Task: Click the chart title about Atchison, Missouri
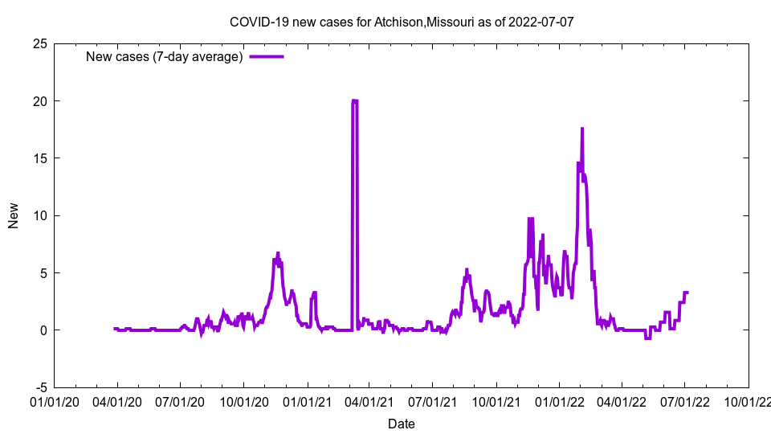[402, 22]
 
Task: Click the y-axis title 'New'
[13, 215]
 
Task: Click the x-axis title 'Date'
[402, 424]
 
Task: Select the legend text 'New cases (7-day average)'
[165, 56]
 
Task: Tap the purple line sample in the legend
[267, 56]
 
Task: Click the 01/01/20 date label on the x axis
[55, 401]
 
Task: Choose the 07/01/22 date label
[685, 401]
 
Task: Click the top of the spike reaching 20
[354, 101]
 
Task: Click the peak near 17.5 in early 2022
[582, 129]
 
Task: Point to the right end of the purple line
[687, 293]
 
